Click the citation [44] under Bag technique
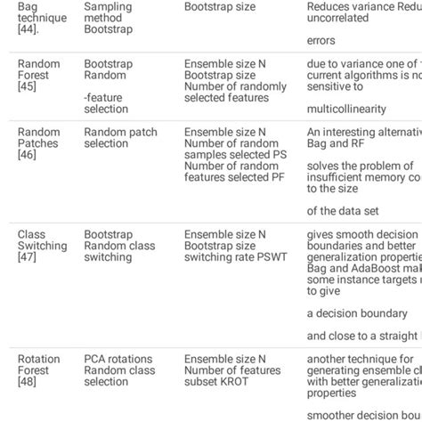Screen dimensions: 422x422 tap(28, 29)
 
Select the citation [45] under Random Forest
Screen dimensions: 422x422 tap(28, 86)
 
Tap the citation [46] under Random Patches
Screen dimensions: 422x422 tap(28, 155)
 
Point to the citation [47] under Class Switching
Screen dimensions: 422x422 tap(28, 257)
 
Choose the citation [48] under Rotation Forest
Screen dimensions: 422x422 tap(28, 382)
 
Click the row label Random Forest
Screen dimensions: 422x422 tap(39, 69)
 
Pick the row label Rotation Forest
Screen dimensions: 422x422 tap(39, 365)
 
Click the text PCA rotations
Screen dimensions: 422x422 tap(118, 360)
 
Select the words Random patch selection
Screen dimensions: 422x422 tap(120, 138)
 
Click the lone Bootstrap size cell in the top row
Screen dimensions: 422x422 tap(220, 7)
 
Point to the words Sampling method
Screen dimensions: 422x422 tap(108, 12)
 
